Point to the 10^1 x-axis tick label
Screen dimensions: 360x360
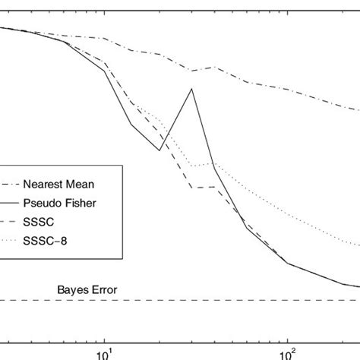(x=103, y=352)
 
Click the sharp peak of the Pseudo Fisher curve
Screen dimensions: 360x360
(x=192, y=89)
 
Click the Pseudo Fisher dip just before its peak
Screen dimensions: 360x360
(x=159, y=150)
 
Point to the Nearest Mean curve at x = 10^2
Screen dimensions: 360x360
(x=287, y=90)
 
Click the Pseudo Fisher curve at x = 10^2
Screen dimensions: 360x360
(x=287, y=263)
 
